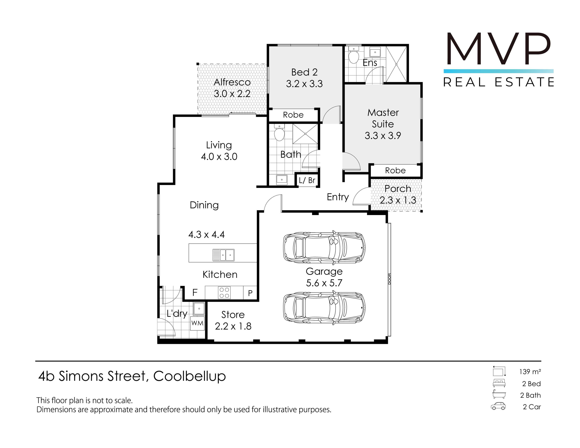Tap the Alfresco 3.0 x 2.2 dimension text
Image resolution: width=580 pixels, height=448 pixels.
232,94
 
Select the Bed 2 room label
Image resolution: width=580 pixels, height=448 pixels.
304,72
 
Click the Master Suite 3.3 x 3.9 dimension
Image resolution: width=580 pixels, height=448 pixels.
383,136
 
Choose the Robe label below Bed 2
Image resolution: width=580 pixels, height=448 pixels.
293,115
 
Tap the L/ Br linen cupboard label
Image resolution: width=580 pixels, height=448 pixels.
307,180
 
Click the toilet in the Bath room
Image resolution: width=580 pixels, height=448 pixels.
279,132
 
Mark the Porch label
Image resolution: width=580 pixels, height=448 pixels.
398,189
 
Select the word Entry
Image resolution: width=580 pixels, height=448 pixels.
338,197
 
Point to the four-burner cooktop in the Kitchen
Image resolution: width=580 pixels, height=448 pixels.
224,293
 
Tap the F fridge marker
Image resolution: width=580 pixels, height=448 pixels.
195,293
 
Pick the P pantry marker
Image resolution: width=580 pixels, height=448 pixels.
250,293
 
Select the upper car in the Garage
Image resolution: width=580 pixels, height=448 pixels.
324,248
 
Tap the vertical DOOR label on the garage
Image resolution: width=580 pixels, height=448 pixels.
390,279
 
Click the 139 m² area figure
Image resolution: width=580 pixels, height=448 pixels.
530,372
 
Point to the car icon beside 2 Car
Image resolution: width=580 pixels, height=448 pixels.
498,406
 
